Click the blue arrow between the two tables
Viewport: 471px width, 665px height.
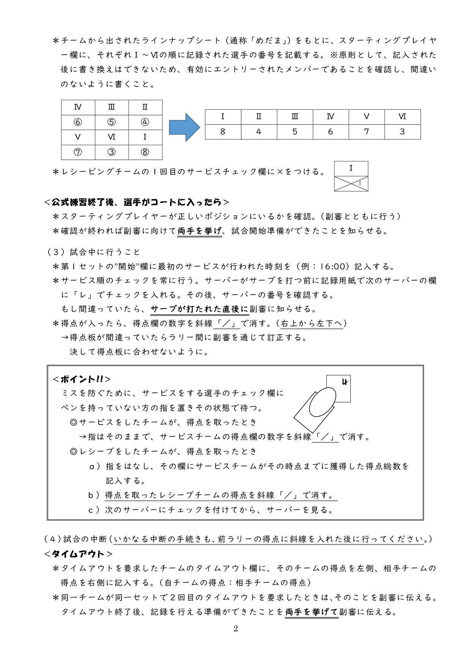[184, 127]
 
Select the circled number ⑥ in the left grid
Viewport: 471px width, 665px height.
[78, 122]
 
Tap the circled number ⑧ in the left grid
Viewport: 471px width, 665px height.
[145, 152]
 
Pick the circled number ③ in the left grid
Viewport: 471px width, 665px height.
[111, 152]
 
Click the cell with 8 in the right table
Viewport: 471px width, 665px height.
[223, 132]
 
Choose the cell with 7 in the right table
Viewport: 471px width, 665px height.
[366, 132]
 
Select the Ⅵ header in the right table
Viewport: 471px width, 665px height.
[402, 117]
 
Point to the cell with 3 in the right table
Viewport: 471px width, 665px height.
[402, 132]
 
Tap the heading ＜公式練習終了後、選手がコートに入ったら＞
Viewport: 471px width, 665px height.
[137, 202]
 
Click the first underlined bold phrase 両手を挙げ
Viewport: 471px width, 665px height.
[200, 231]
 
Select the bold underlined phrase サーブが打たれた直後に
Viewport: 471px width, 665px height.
[200, 309]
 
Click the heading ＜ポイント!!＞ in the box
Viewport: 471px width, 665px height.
[82, 379]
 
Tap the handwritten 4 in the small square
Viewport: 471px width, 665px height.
[345, 382]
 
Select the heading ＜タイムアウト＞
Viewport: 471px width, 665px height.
[78, 554]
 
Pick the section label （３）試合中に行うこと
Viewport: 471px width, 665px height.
[93, 252]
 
